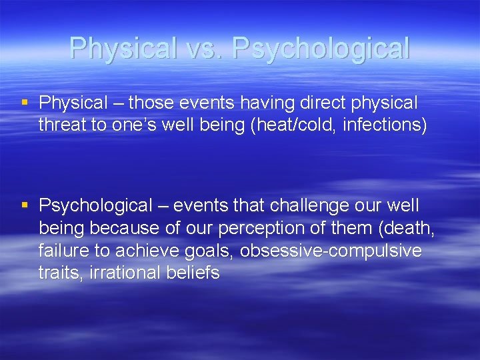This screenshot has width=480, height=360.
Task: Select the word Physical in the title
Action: click(123, 49)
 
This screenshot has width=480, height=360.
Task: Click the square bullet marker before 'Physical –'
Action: click(25, 103)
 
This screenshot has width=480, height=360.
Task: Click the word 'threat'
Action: click(61, 125)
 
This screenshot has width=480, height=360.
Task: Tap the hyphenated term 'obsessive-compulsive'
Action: click(331, 250)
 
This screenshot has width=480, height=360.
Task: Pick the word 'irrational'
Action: click(113, 273)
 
